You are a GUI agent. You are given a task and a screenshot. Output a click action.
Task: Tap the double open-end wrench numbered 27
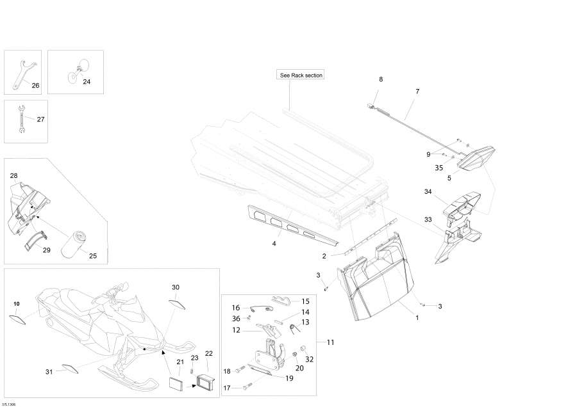tap(21, 119)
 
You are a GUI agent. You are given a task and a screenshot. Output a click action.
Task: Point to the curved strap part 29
tap(35, 240)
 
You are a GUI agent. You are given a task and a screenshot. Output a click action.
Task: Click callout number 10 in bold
tap(17, 304)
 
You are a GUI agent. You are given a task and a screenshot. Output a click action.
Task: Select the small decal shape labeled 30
tap(178, 305)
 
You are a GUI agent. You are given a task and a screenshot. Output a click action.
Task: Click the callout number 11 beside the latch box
tap(330, 342)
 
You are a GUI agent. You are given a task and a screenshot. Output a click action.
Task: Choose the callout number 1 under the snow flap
tap(417, 317)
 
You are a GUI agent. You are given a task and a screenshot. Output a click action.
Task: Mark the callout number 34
tap(428, 191)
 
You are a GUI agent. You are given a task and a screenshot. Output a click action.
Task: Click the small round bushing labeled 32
tap(304, 347)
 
